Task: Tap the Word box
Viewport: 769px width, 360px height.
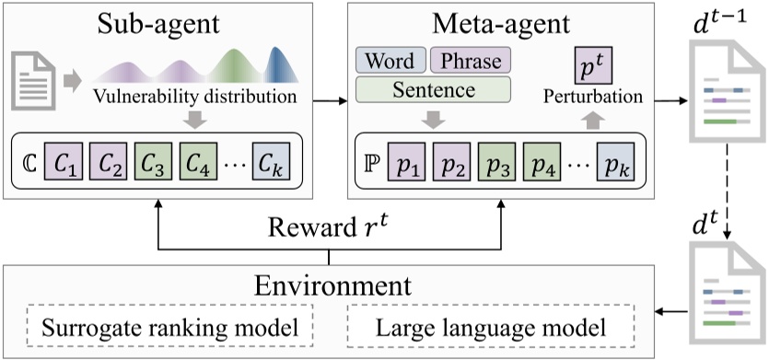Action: [390, 62]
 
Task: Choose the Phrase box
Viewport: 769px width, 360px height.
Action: [470, 62]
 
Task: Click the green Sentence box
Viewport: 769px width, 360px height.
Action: [433, 90]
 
